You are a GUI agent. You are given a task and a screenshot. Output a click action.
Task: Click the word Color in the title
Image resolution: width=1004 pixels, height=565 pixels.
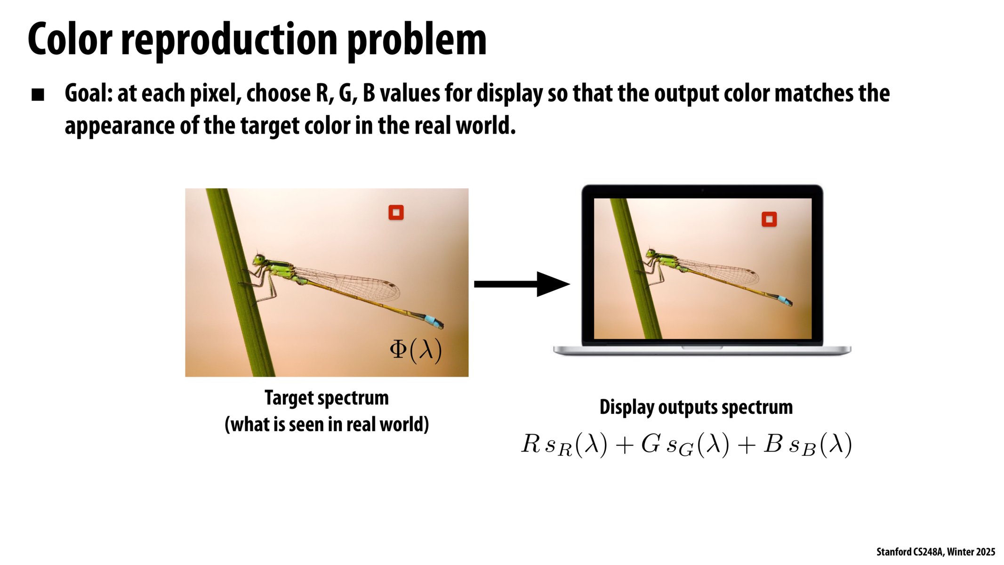(70, 40)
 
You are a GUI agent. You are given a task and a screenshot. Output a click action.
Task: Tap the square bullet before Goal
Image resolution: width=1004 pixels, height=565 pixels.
(38, 95)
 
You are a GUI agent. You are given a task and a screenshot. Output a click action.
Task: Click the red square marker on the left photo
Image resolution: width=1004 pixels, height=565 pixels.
(396, 213)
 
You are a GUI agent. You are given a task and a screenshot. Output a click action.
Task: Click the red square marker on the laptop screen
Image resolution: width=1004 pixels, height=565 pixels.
(769, 219)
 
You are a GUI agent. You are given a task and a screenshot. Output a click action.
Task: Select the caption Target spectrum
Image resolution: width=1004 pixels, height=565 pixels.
(326, 398)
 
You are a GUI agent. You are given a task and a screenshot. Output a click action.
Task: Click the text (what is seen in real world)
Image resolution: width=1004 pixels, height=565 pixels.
(326, 424)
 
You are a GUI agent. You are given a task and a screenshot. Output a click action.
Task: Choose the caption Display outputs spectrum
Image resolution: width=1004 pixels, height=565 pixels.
(696, 407)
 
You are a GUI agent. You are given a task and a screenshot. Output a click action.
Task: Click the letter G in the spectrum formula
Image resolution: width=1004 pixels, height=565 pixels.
(651, 444)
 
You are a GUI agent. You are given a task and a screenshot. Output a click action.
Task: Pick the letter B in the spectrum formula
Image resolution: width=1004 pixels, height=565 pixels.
(773, 444)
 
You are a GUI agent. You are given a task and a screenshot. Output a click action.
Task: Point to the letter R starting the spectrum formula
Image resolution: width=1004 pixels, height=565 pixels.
(530, 444)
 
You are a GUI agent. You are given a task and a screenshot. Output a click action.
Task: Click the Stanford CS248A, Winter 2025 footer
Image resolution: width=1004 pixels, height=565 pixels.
(935, 552)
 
